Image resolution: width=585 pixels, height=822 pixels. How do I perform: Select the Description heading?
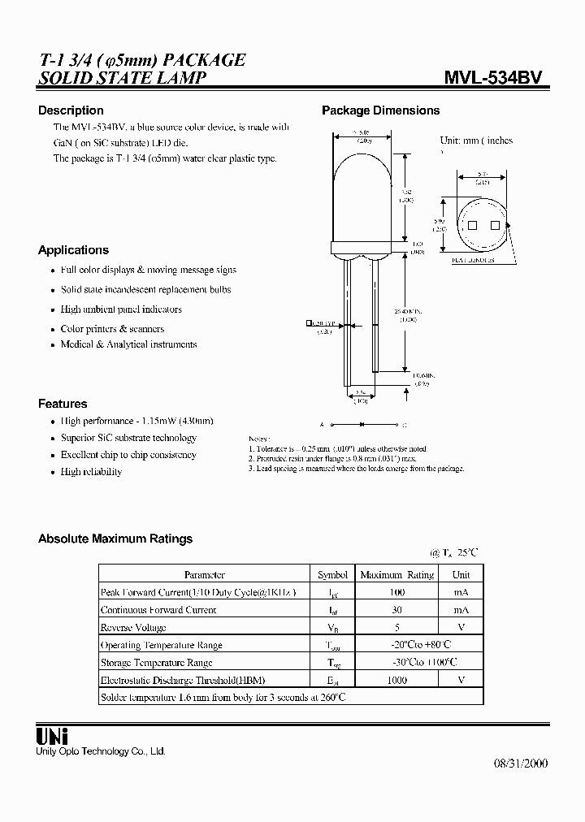coord(71,110)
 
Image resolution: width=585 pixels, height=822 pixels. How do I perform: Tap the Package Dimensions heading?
coord(380,110)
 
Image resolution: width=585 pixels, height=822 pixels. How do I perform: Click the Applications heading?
coord(73,250)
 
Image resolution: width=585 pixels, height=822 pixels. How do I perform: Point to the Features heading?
coord(63,404)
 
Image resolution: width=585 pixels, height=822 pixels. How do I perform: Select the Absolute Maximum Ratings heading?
coord(115,539)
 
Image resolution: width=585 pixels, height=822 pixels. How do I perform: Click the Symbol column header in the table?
coord(332,574)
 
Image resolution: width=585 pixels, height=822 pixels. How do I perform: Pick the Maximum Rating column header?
coord(396,574)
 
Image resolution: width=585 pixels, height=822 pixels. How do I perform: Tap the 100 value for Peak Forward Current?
coord(396,592)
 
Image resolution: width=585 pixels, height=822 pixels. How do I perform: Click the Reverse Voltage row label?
coord(133,627)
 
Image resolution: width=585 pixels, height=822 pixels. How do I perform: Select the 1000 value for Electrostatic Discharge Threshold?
coord(396,680)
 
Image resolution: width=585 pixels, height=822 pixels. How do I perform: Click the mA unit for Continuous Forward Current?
coord(461,609)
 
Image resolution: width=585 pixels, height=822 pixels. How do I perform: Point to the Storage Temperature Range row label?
coord(156,663)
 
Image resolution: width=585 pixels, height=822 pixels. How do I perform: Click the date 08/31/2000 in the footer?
coord(521,764)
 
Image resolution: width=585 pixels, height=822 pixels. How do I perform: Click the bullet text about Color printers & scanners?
coord(112,329)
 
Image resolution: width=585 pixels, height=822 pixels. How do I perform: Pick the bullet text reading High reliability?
coord(91,472)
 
